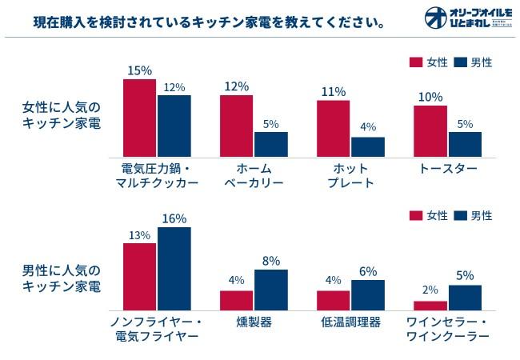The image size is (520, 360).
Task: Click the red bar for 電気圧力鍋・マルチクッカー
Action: [x=140, y=118]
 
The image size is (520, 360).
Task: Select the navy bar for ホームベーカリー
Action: [x=270, y=144]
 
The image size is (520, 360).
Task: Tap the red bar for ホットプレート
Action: [x=334, y=128]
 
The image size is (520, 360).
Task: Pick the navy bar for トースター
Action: [x=465, y=144]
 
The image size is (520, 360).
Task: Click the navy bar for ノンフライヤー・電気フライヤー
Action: [x=174, y=269]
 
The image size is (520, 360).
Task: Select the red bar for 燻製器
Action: [x=237, y=300]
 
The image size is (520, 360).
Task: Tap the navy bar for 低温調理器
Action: [x=367, y=294]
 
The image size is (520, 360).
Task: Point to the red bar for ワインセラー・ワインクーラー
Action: [x=430, y=305]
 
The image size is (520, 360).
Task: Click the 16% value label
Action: [x=174, y=218]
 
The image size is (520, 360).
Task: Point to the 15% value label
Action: [x=140, y=70]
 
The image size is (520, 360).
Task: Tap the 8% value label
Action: [x=270, y=261]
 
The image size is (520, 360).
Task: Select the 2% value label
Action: [x=430, y=291]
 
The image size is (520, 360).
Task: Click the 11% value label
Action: [x=334, y=91]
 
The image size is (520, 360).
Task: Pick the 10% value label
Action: [x=430, y=97]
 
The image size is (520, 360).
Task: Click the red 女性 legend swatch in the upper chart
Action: [x=415, y=62]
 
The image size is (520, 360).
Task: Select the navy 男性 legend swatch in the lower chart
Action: [x=459, y=215]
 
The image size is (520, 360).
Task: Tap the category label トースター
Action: [x=448, y=169]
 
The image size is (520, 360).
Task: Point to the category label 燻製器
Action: [x=254, y=322]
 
